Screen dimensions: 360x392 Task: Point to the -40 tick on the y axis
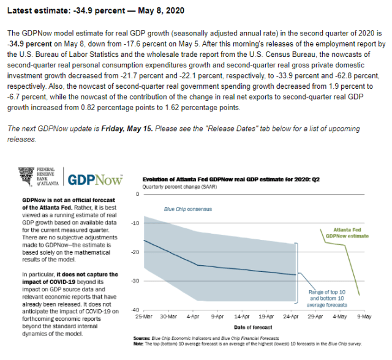pyautogui.click(x=135, y=310)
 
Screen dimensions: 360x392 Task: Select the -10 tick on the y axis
pyautogui.click(x=135, y=223)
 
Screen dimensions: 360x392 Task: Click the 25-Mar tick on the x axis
pyautogui.click(x=144, y=317)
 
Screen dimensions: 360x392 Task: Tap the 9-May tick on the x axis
pyautogui.click(x=363, y=317)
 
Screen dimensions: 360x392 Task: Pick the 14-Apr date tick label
pyautogui.click(x=242, y=317)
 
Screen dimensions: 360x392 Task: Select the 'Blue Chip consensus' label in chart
pyautogui.click(x=187, y=209)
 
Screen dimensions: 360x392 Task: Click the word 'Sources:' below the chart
pyautogui.click(x=142, y=339)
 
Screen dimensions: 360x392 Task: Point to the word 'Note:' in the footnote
pyautogui.click(x=139, y=344)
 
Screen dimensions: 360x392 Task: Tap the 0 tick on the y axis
pyautogui.click(x=138, y=194)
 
